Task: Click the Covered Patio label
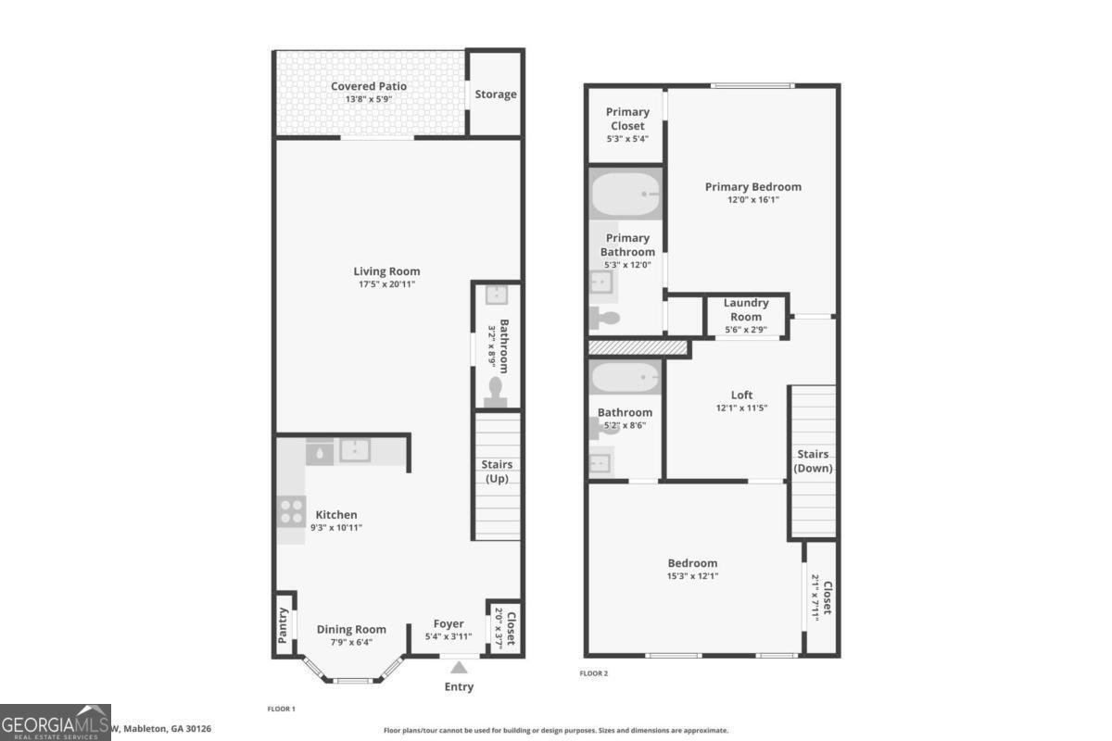click(369, 86)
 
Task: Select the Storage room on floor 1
click(496, 94)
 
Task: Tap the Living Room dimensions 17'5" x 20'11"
click(386, 284)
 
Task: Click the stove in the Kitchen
click(292, 511)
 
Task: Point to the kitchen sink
click(355, 451)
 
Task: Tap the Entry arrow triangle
click(459, 667)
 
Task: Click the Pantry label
click(284, 625)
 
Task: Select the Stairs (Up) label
click(497, 471)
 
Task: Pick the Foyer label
click(449, 623)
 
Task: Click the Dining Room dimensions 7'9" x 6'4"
click(351, 642)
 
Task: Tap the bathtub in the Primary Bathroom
click(625, 195)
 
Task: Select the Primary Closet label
click(627, 118)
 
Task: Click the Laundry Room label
click(746, 309)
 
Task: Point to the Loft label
click(741, 395)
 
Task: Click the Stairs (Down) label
click(814, 460)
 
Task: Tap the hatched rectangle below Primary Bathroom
click(638, 347)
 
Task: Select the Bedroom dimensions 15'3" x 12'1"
click(692, 576)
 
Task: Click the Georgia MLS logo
click(56, 722)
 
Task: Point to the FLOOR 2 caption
click(594, 673)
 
